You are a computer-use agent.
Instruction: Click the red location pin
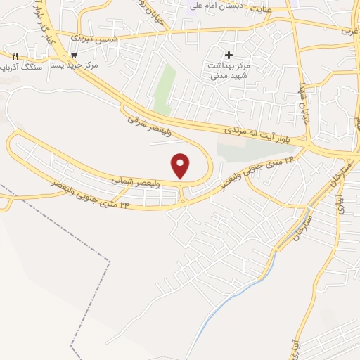181,165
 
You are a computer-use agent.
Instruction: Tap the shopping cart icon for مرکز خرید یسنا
74,54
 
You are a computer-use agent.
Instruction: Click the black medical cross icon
228,54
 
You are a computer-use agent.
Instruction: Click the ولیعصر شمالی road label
131,181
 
